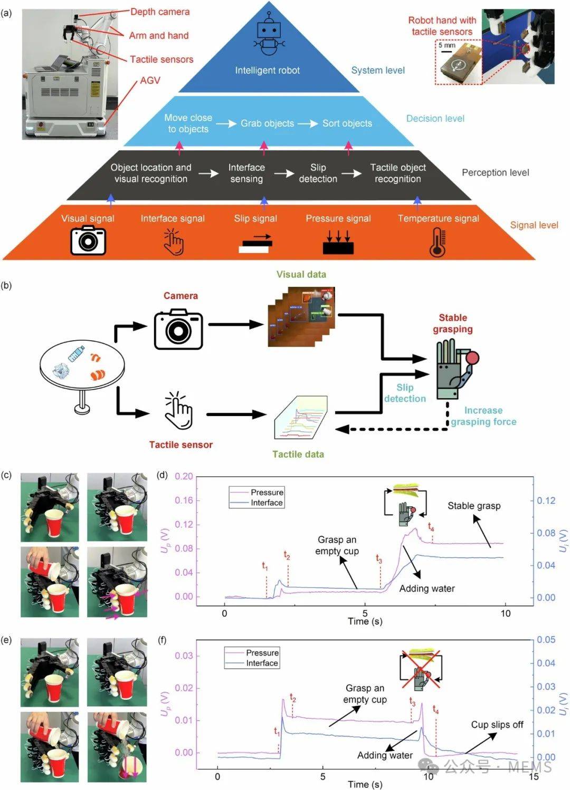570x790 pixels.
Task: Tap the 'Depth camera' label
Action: coord(160,12)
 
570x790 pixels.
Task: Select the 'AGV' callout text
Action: coord(150,80)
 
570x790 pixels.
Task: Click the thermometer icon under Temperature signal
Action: coord(438,242)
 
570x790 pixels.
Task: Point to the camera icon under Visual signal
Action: coord(88,240)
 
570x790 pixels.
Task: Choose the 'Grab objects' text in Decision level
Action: coord(267,123)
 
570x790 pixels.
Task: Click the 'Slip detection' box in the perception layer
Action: coord(318,173)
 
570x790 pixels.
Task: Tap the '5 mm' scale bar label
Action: coord(446,45)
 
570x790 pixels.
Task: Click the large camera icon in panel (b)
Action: coord(178,329)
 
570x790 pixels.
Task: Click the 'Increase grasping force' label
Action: coord(483,416)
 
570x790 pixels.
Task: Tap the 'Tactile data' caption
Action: coord(298,454)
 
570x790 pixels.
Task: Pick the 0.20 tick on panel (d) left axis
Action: coord(184,476)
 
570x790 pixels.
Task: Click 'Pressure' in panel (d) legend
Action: coord(267,492)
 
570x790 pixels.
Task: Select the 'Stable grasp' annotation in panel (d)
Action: coord(474,506)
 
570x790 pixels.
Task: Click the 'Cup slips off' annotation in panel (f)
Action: coord(497,725)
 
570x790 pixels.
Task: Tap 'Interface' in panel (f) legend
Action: coord(262,663)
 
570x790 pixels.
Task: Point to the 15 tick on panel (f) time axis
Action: coord(534,776)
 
